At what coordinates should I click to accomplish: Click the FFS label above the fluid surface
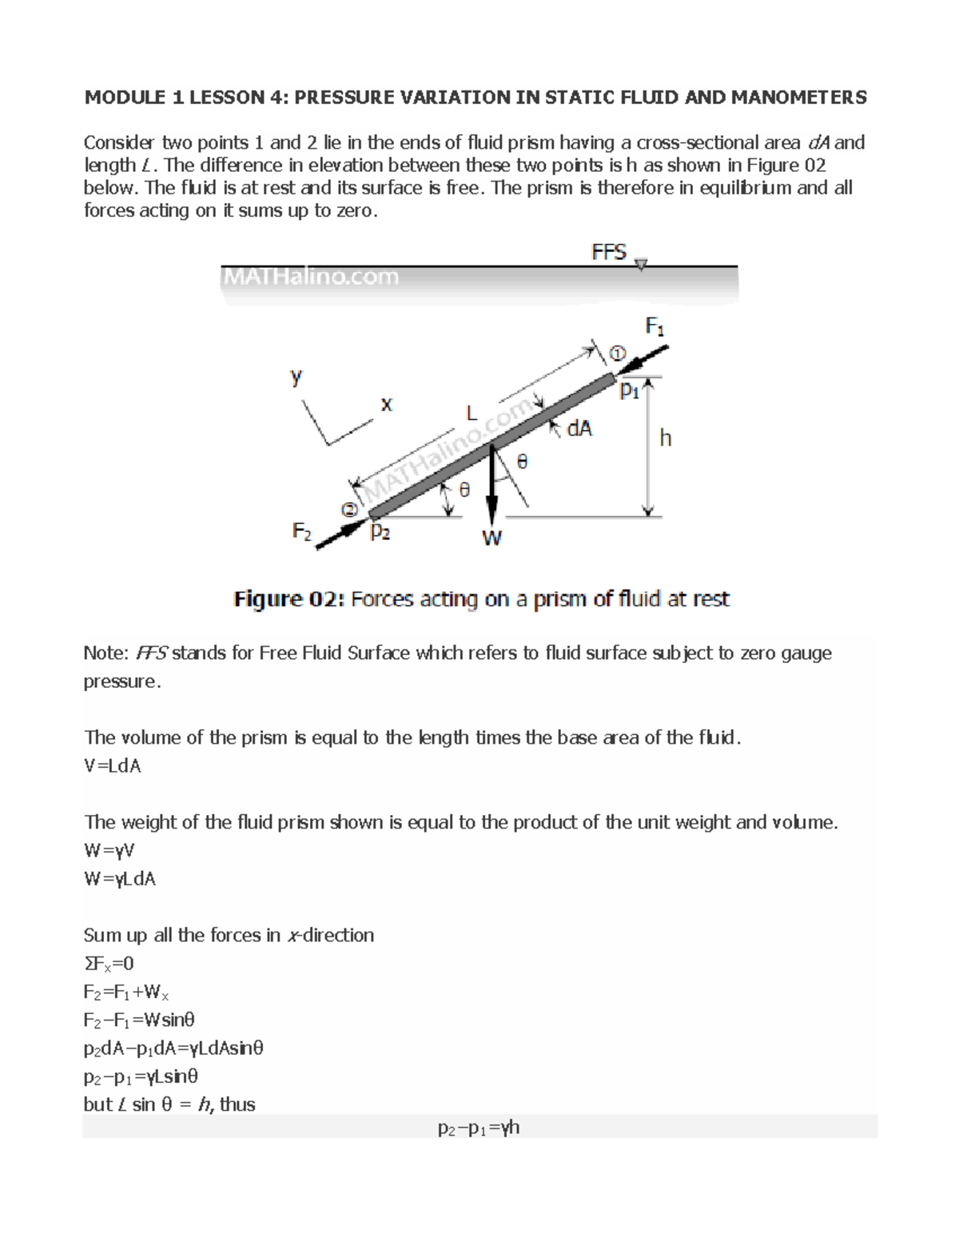(x=609, y=253)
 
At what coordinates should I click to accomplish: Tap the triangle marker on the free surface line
(x=641, y=265)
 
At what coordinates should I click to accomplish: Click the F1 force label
(x=655, y=327)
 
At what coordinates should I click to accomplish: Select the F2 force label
(x=301, y=531)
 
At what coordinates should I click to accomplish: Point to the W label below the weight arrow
(x=491, y=539)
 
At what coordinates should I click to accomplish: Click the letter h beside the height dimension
(x=665, y=438)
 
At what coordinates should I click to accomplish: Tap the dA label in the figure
(x=579, y=429)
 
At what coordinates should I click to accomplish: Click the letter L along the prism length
(x=472, y=413)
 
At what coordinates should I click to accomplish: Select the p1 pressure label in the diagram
(x=630, y=391)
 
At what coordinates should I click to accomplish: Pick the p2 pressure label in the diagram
(x=380, y=533)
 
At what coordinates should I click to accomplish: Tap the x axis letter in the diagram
(x=387, y=405)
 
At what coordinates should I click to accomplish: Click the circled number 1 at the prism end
(x=619, y=353)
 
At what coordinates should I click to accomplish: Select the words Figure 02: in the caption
(x=289, y=599)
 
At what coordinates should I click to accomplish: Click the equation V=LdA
(x=113, y=766)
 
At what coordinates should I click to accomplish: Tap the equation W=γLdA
(x=120, y=879)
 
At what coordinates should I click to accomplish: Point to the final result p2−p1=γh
(x=479, y=1128)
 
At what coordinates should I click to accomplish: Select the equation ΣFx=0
(x=109, y=964)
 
